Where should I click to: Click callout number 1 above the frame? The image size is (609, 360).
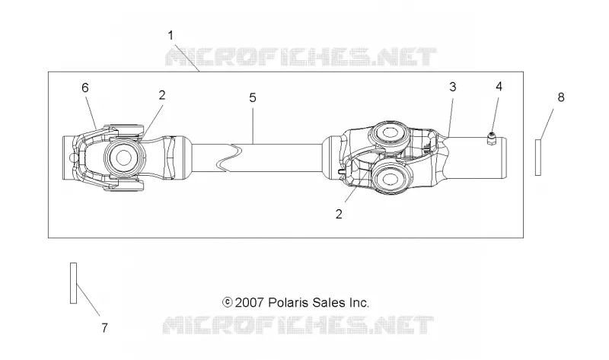click(x=171, y=36)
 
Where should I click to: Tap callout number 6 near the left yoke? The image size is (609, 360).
click(x=85, y=88)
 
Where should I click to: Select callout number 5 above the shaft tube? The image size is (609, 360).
click(x=253, y=98)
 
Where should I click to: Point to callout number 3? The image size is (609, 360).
click(x=452, y=87)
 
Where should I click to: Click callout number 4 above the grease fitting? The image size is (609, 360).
click(x=499, y=86)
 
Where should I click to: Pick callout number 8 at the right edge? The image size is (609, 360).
click(x=561, y=97)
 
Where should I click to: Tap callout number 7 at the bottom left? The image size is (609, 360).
click(x=104, y=328)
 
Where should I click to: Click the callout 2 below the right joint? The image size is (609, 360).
click(x=339, y=214)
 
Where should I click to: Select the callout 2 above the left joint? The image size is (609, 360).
click(x=162, y=95)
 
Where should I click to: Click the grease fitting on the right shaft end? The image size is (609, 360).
click(x=492, y=139)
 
